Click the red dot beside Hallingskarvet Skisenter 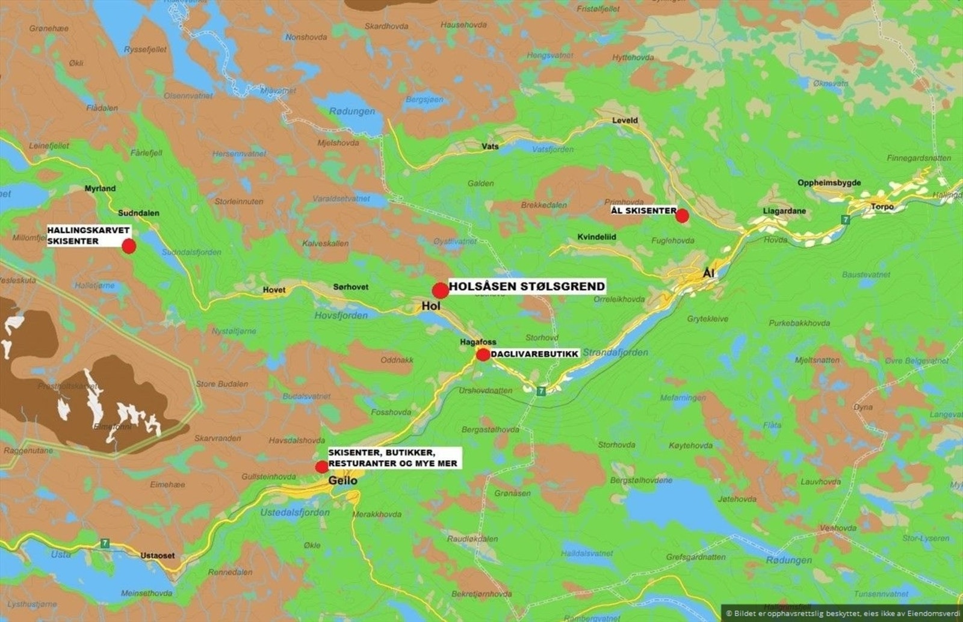[129, 246]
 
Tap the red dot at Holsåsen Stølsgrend [440, 291]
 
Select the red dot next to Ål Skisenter [682, 215]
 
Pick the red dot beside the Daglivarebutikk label [483, 354]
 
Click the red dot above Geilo [322, 467]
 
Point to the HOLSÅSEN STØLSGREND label [527, 286]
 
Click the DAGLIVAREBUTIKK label [534, 354]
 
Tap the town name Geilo [342, 481]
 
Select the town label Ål [708, 274]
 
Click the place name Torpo [882, 206]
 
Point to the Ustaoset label [158, 555]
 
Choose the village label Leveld [625, 120]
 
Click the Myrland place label [100, 188]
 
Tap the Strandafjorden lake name [615, 353]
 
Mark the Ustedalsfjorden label [295, 513]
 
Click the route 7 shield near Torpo [845, 220]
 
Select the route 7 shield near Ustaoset [105, 543]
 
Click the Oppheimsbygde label [829, 183]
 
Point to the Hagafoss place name [478, 342]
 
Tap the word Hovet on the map [274, 290]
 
